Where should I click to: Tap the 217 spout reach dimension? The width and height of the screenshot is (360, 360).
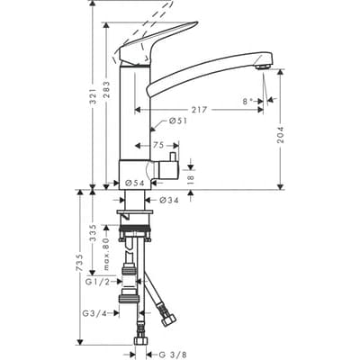(200, 108)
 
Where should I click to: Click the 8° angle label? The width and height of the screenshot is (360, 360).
(249, 102)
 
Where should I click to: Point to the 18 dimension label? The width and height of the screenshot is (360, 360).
(192, 178)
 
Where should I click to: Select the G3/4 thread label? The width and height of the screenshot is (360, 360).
(94, 313)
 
